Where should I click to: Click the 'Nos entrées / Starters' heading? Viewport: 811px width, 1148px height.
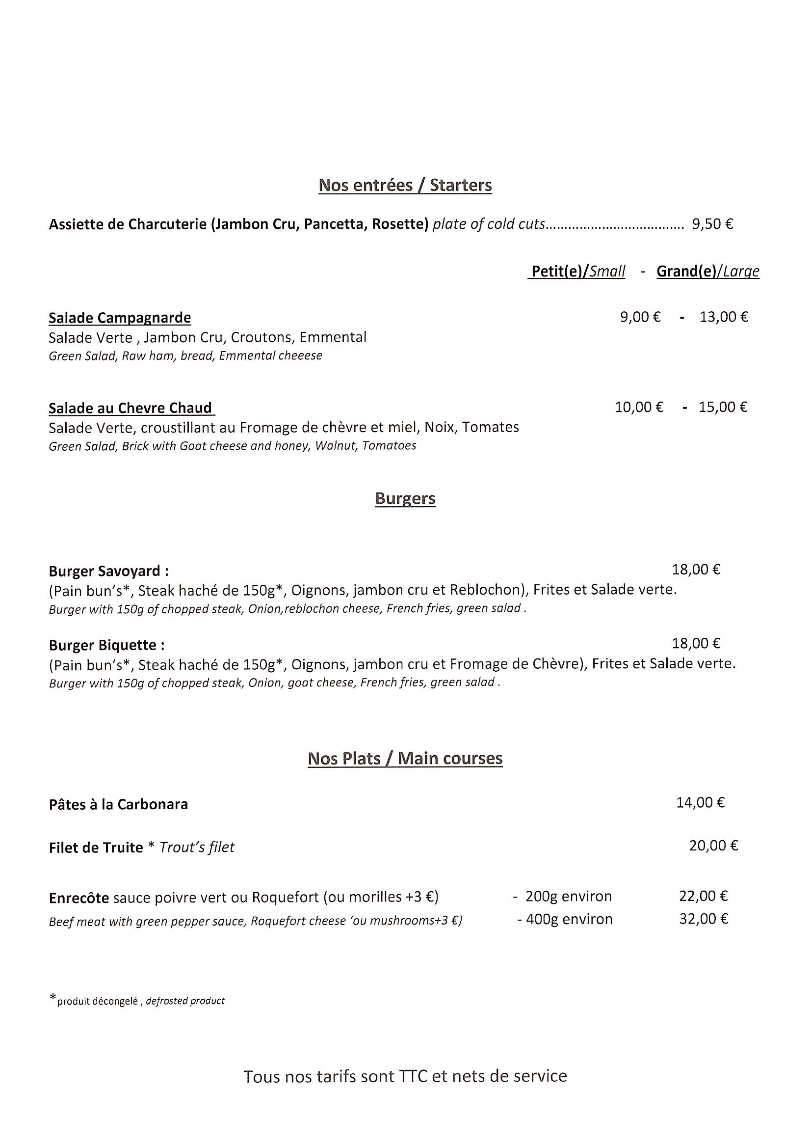405,186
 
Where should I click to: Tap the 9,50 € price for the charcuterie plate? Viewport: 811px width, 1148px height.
712,224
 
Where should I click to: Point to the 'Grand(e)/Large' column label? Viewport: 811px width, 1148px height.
707,271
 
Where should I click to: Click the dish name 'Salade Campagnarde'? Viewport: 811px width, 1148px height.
120,318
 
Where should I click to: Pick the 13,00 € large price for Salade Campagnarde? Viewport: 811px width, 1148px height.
724,317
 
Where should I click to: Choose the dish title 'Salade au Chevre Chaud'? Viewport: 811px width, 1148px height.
131,408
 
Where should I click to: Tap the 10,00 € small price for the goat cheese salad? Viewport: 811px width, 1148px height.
639,407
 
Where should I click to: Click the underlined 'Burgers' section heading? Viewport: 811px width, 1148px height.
405,498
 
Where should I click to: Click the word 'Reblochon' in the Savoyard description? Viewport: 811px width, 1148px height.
486,590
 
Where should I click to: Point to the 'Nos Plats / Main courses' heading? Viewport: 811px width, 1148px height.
405,759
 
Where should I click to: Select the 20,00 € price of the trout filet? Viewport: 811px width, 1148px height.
713,846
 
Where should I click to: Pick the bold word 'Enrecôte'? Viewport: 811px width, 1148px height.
79,898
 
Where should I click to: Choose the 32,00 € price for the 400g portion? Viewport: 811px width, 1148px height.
703,919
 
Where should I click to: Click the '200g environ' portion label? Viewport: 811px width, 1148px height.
568,896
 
